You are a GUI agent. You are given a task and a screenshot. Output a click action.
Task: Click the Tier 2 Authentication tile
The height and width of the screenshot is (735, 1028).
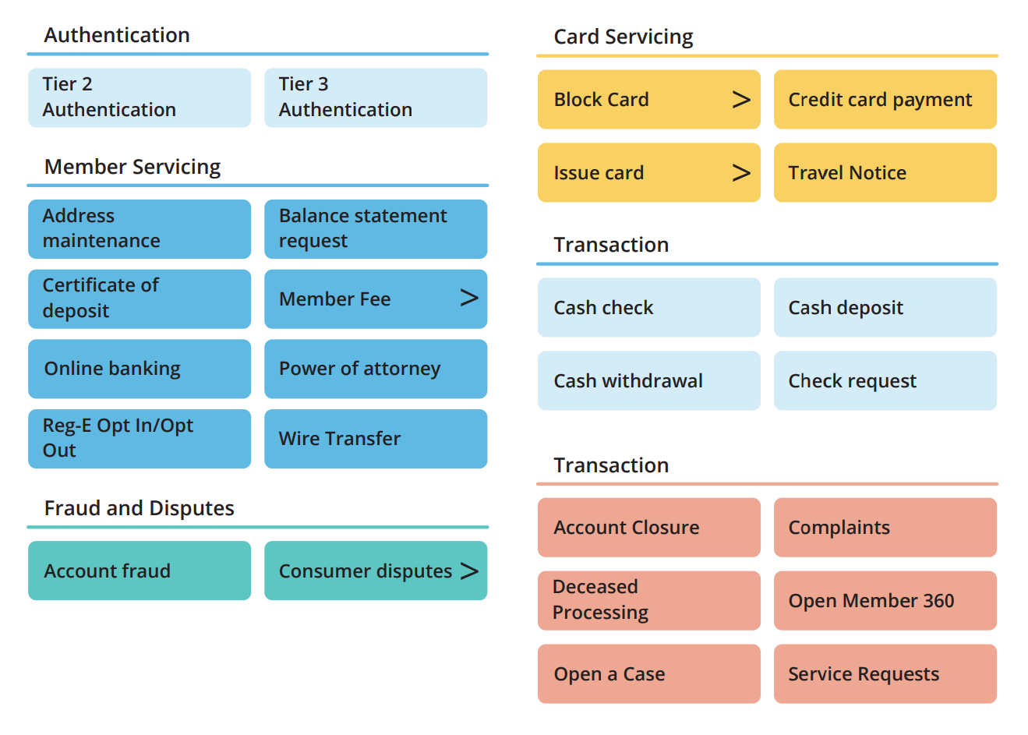(x=140, y=97)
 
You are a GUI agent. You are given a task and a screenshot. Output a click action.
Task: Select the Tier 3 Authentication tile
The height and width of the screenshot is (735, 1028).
(x=376, y=97)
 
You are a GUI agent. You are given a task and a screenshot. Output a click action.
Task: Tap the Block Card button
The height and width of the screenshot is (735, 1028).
(x=649, y=100)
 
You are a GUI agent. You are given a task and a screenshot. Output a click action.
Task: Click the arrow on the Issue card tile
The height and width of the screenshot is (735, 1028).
(x=741, y=173)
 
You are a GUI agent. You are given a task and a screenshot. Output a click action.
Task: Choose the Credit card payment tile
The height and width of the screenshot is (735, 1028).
(x=885, y=100)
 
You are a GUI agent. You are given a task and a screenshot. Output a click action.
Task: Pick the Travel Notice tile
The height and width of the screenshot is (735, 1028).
(x=885, y=172)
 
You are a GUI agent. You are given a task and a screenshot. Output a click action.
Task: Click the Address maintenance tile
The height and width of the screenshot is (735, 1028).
(x=140, y=229)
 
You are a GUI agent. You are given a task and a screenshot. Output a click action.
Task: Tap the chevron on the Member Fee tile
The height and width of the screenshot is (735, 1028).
(x=469, y=298)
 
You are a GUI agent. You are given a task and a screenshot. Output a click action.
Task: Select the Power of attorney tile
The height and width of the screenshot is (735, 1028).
(x=376, y=369)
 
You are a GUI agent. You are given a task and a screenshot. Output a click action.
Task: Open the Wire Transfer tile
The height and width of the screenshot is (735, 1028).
(x=376, y=439)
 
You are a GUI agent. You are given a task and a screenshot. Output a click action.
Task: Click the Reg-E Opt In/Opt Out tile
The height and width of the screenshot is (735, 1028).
(x=140, y=439)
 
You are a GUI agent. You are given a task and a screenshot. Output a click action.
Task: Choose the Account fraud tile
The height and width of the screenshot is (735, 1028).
(x=140, y=571)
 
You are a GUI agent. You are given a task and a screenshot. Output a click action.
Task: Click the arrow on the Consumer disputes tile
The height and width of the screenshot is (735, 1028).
(x=469, y=571)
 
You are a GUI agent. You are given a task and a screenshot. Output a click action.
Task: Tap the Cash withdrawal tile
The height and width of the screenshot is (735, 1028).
(x=649, y=380)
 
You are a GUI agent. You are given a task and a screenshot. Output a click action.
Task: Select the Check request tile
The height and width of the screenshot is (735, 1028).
(x=885, y=380)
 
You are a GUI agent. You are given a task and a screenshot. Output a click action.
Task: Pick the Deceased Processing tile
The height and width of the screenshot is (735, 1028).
(x=649, y=600)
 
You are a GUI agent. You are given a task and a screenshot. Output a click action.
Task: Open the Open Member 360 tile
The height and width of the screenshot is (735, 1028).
(x=885, y=600)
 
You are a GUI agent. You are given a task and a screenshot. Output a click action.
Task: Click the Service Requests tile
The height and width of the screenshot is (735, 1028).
(x=885, y=674)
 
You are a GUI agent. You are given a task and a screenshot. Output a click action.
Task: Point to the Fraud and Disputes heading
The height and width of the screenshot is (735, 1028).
(x=139, y=508)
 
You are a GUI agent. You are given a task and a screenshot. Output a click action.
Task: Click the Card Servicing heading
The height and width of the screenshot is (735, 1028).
(x=624, y=37)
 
